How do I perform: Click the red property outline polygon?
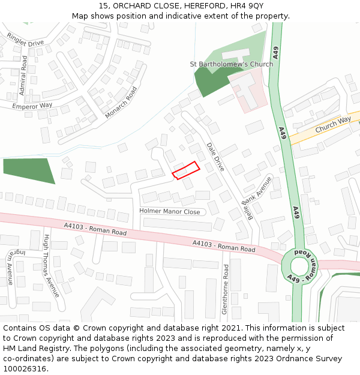[186, 170]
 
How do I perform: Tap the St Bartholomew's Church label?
[231, 64]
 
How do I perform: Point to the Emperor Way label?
[32, 106]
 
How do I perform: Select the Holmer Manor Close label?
[170, 212]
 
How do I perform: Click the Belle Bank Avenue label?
[257, 199]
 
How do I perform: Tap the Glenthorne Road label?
[226, 289]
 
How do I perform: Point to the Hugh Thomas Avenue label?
[50, 266]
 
